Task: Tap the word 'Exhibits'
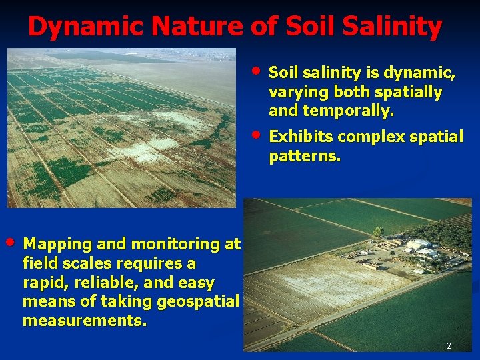click(301, 137)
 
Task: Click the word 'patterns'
click(303, 157)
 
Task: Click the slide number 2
click(449, 346)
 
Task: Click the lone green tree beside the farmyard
click(378, 232)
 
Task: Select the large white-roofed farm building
click(420, 247)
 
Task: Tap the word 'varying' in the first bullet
click(301, 91)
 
